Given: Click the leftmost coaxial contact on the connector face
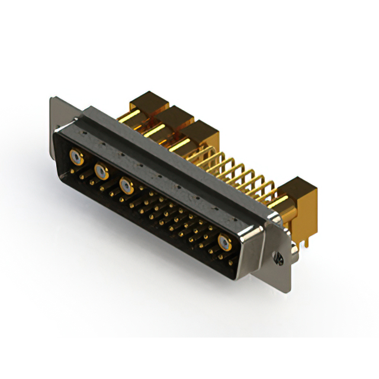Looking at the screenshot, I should [76, 158].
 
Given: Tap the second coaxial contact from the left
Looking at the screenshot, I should [101, 172].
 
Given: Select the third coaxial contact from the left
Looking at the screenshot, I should [126, 185].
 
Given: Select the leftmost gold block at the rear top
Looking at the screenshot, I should [148, 105].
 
